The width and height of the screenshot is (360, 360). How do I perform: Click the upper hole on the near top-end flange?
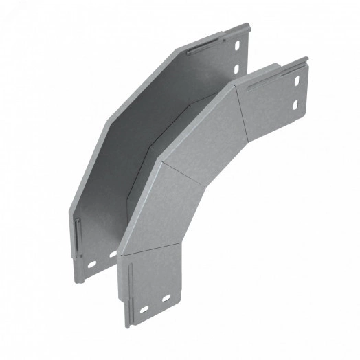297,82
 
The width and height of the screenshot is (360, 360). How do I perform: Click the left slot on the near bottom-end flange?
145,310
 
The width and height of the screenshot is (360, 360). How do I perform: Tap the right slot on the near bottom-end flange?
166,299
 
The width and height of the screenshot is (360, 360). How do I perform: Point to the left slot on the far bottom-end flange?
91,264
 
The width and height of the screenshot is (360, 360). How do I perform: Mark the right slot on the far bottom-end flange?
111,254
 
